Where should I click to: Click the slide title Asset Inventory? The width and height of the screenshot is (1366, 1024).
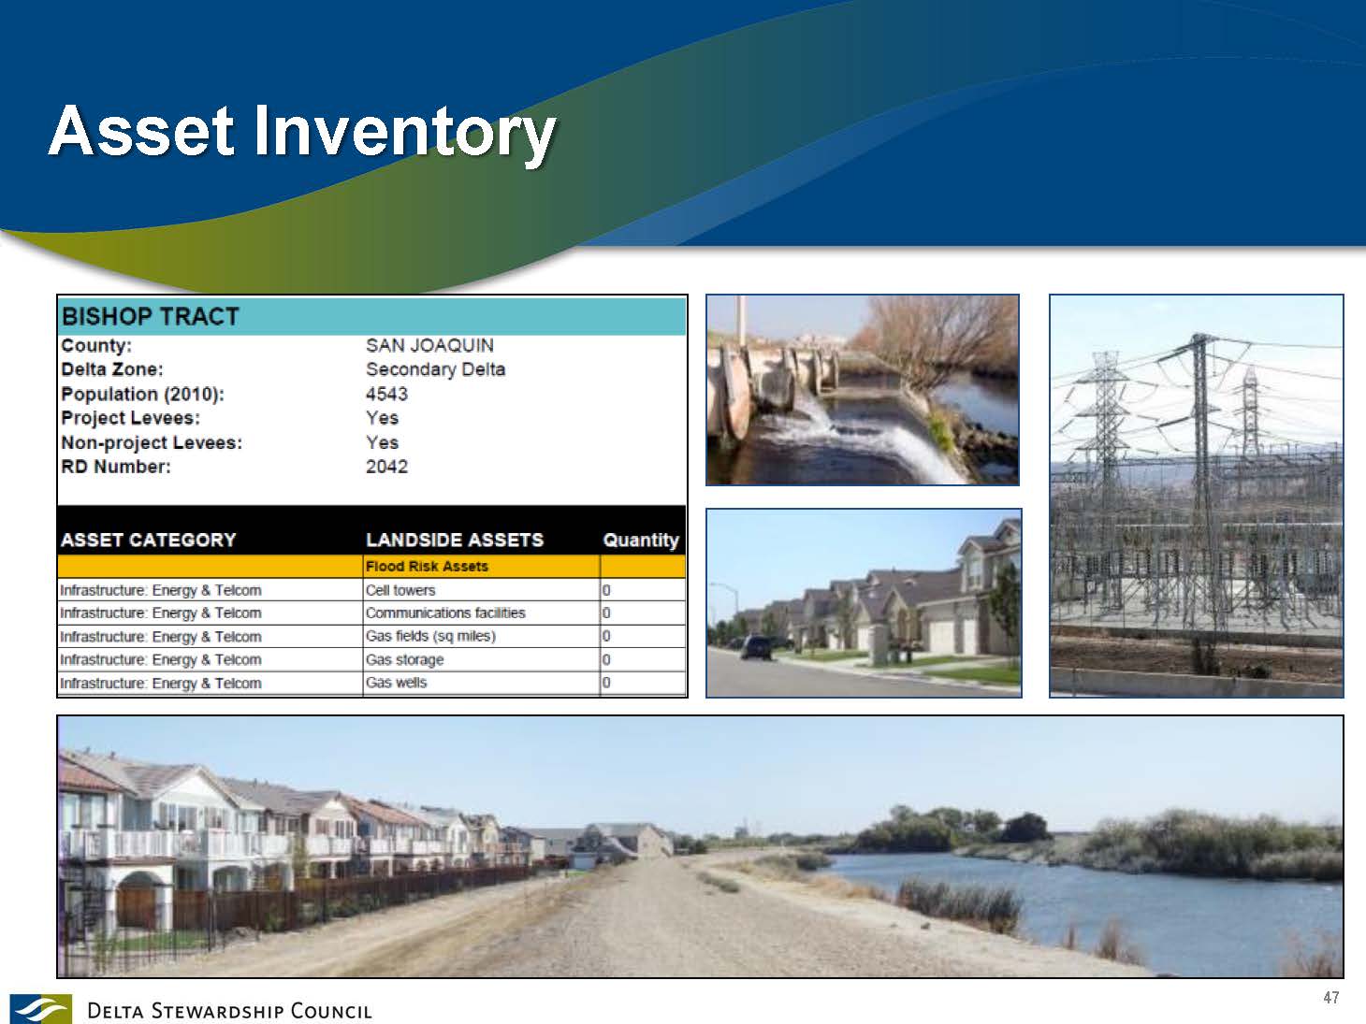coord(302,132)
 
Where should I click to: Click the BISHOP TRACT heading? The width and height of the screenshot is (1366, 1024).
coord(150,316)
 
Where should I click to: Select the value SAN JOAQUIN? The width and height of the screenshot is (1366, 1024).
coord(429,345)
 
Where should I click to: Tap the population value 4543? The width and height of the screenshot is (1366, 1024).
coord(386,394)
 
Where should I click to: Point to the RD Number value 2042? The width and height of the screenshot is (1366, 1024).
coord(386,467)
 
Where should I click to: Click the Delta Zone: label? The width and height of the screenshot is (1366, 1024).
coord(112,369)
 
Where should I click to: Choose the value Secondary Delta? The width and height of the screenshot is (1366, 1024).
coord(435,369)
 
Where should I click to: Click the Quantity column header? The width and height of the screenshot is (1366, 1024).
coord(640,540)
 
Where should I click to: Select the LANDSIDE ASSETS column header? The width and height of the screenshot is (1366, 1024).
coord(455,540)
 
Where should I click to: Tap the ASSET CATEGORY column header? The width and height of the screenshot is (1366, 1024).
coord(148,540)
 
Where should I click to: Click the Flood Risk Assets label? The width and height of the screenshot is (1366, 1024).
coord(427,567)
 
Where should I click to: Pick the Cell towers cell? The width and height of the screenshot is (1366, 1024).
coord(400,590)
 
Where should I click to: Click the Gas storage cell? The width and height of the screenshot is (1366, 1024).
coord(404,659)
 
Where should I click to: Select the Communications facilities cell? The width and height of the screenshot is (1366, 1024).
coord(445,613)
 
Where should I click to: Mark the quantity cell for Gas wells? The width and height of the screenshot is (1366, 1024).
coord(606,683)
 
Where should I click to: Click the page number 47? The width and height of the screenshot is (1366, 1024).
coord(1331,998)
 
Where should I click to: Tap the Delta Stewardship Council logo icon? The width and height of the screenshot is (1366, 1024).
coord(41,1008)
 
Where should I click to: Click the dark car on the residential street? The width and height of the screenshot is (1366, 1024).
coord(757,647)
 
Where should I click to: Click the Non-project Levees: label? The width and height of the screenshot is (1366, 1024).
coord(152,442)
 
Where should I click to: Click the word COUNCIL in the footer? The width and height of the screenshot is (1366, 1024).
coord(331,1011)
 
